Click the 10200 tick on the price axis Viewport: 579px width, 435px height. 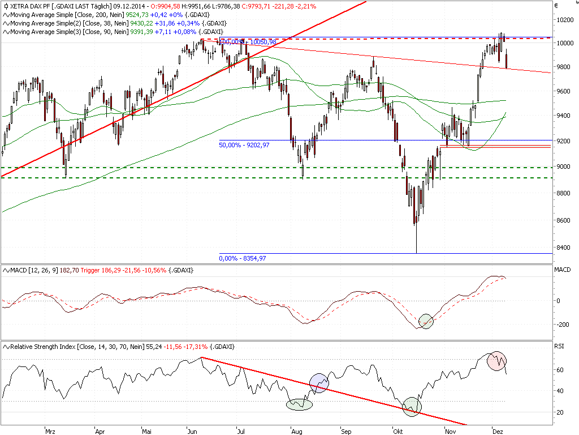click(x=564, y=19)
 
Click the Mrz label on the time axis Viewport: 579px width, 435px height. click(x=50, y=430)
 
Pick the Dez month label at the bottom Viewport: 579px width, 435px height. click(x=498, y=430)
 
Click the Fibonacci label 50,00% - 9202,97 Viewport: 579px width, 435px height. click(x=244, y=146)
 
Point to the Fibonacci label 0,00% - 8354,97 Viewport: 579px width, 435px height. click(x=242, y=258)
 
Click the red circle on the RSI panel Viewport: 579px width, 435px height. click(x=498, y=361)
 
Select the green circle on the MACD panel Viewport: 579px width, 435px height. click(x=425, y=321)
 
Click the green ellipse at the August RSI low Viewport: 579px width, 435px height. click(x=300, y=404)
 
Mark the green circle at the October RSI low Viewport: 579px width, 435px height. click(x=412, y=406)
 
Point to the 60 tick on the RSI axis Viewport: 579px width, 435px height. click(x=559, y=370)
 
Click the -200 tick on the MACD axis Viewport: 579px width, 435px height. click(x=561, y=325)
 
